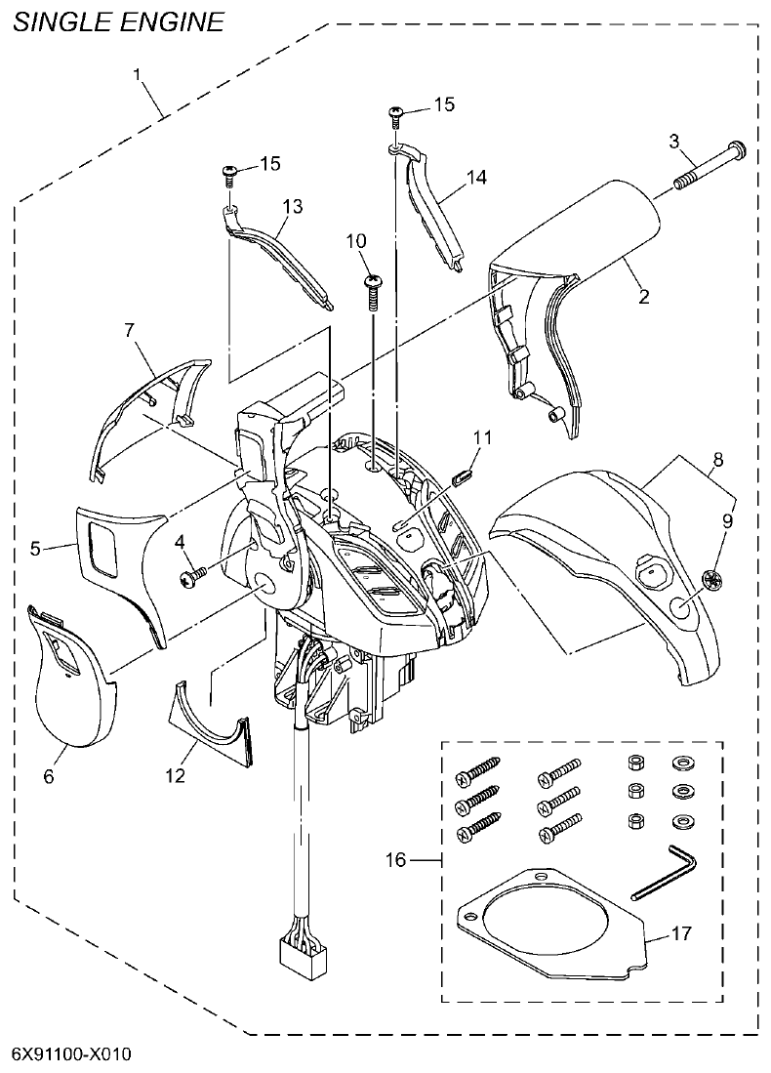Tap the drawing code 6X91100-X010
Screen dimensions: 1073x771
[x=71, y=1055]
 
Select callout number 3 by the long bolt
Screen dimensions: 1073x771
[x=673, y=141]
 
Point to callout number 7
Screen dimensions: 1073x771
[x=129, y=331]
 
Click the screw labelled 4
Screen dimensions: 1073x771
[x=190, y=579]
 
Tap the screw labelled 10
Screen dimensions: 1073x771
[x=372, y=284]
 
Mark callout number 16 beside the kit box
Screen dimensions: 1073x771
[x=395, y=860]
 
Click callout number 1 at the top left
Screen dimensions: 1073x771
[x=138, y=76]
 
